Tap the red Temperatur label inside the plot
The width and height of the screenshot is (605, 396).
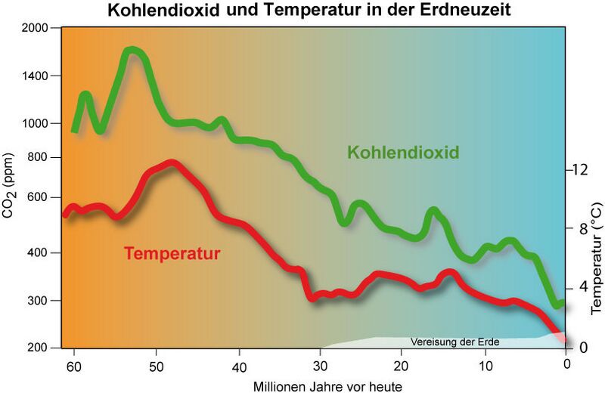click(172, 253)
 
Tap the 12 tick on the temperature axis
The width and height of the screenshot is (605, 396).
click(579, 170)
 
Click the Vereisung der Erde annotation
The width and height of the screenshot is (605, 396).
click(455, 342)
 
